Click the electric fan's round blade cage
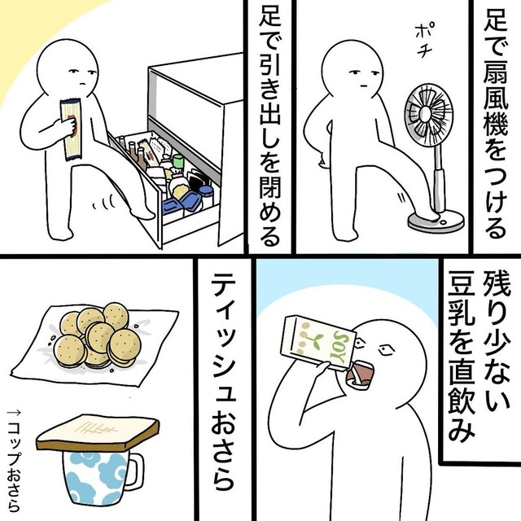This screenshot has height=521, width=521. click(429, 115)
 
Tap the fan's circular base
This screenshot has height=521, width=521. click(436, 222)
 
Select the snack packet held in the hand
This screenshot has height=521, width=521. click(71, 129)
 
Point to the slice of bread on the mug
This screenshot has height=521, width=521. click(98, 432)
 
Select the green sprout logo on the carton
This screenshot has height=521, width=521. click(315, 341)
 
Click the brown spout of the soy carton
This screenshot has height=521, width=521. click(359, 374)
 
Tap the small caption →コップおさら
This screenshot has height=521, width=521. click(14, 461)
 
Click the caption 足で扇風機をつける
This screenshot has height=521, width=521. click(495, 126)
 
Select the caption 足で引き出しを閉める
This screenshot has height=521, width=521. click(269, 129)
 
